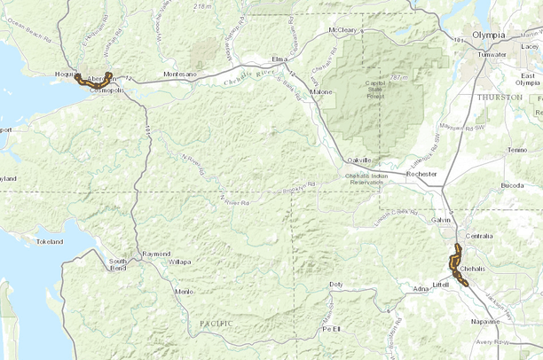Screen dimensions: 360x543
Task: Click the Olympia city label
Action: click(x=488, y=35)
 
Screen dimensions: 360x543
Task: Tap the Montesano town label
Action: click(x=180, y=74)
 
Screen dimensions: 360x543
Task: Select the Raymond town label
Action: click(x=156, y=254)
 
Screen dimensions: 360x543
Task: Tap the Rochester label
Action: click(x=421, y=175)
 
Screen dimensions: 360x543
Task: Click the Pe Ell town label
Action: click(x=331, y=328)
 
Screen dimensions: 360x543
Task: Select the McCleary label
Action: click(x=342, y=30)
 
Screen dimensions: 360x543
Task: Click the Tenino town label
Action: click(x=517, y=151)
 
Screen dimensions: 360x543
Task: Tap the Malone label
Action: click(x=321, y=91)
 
